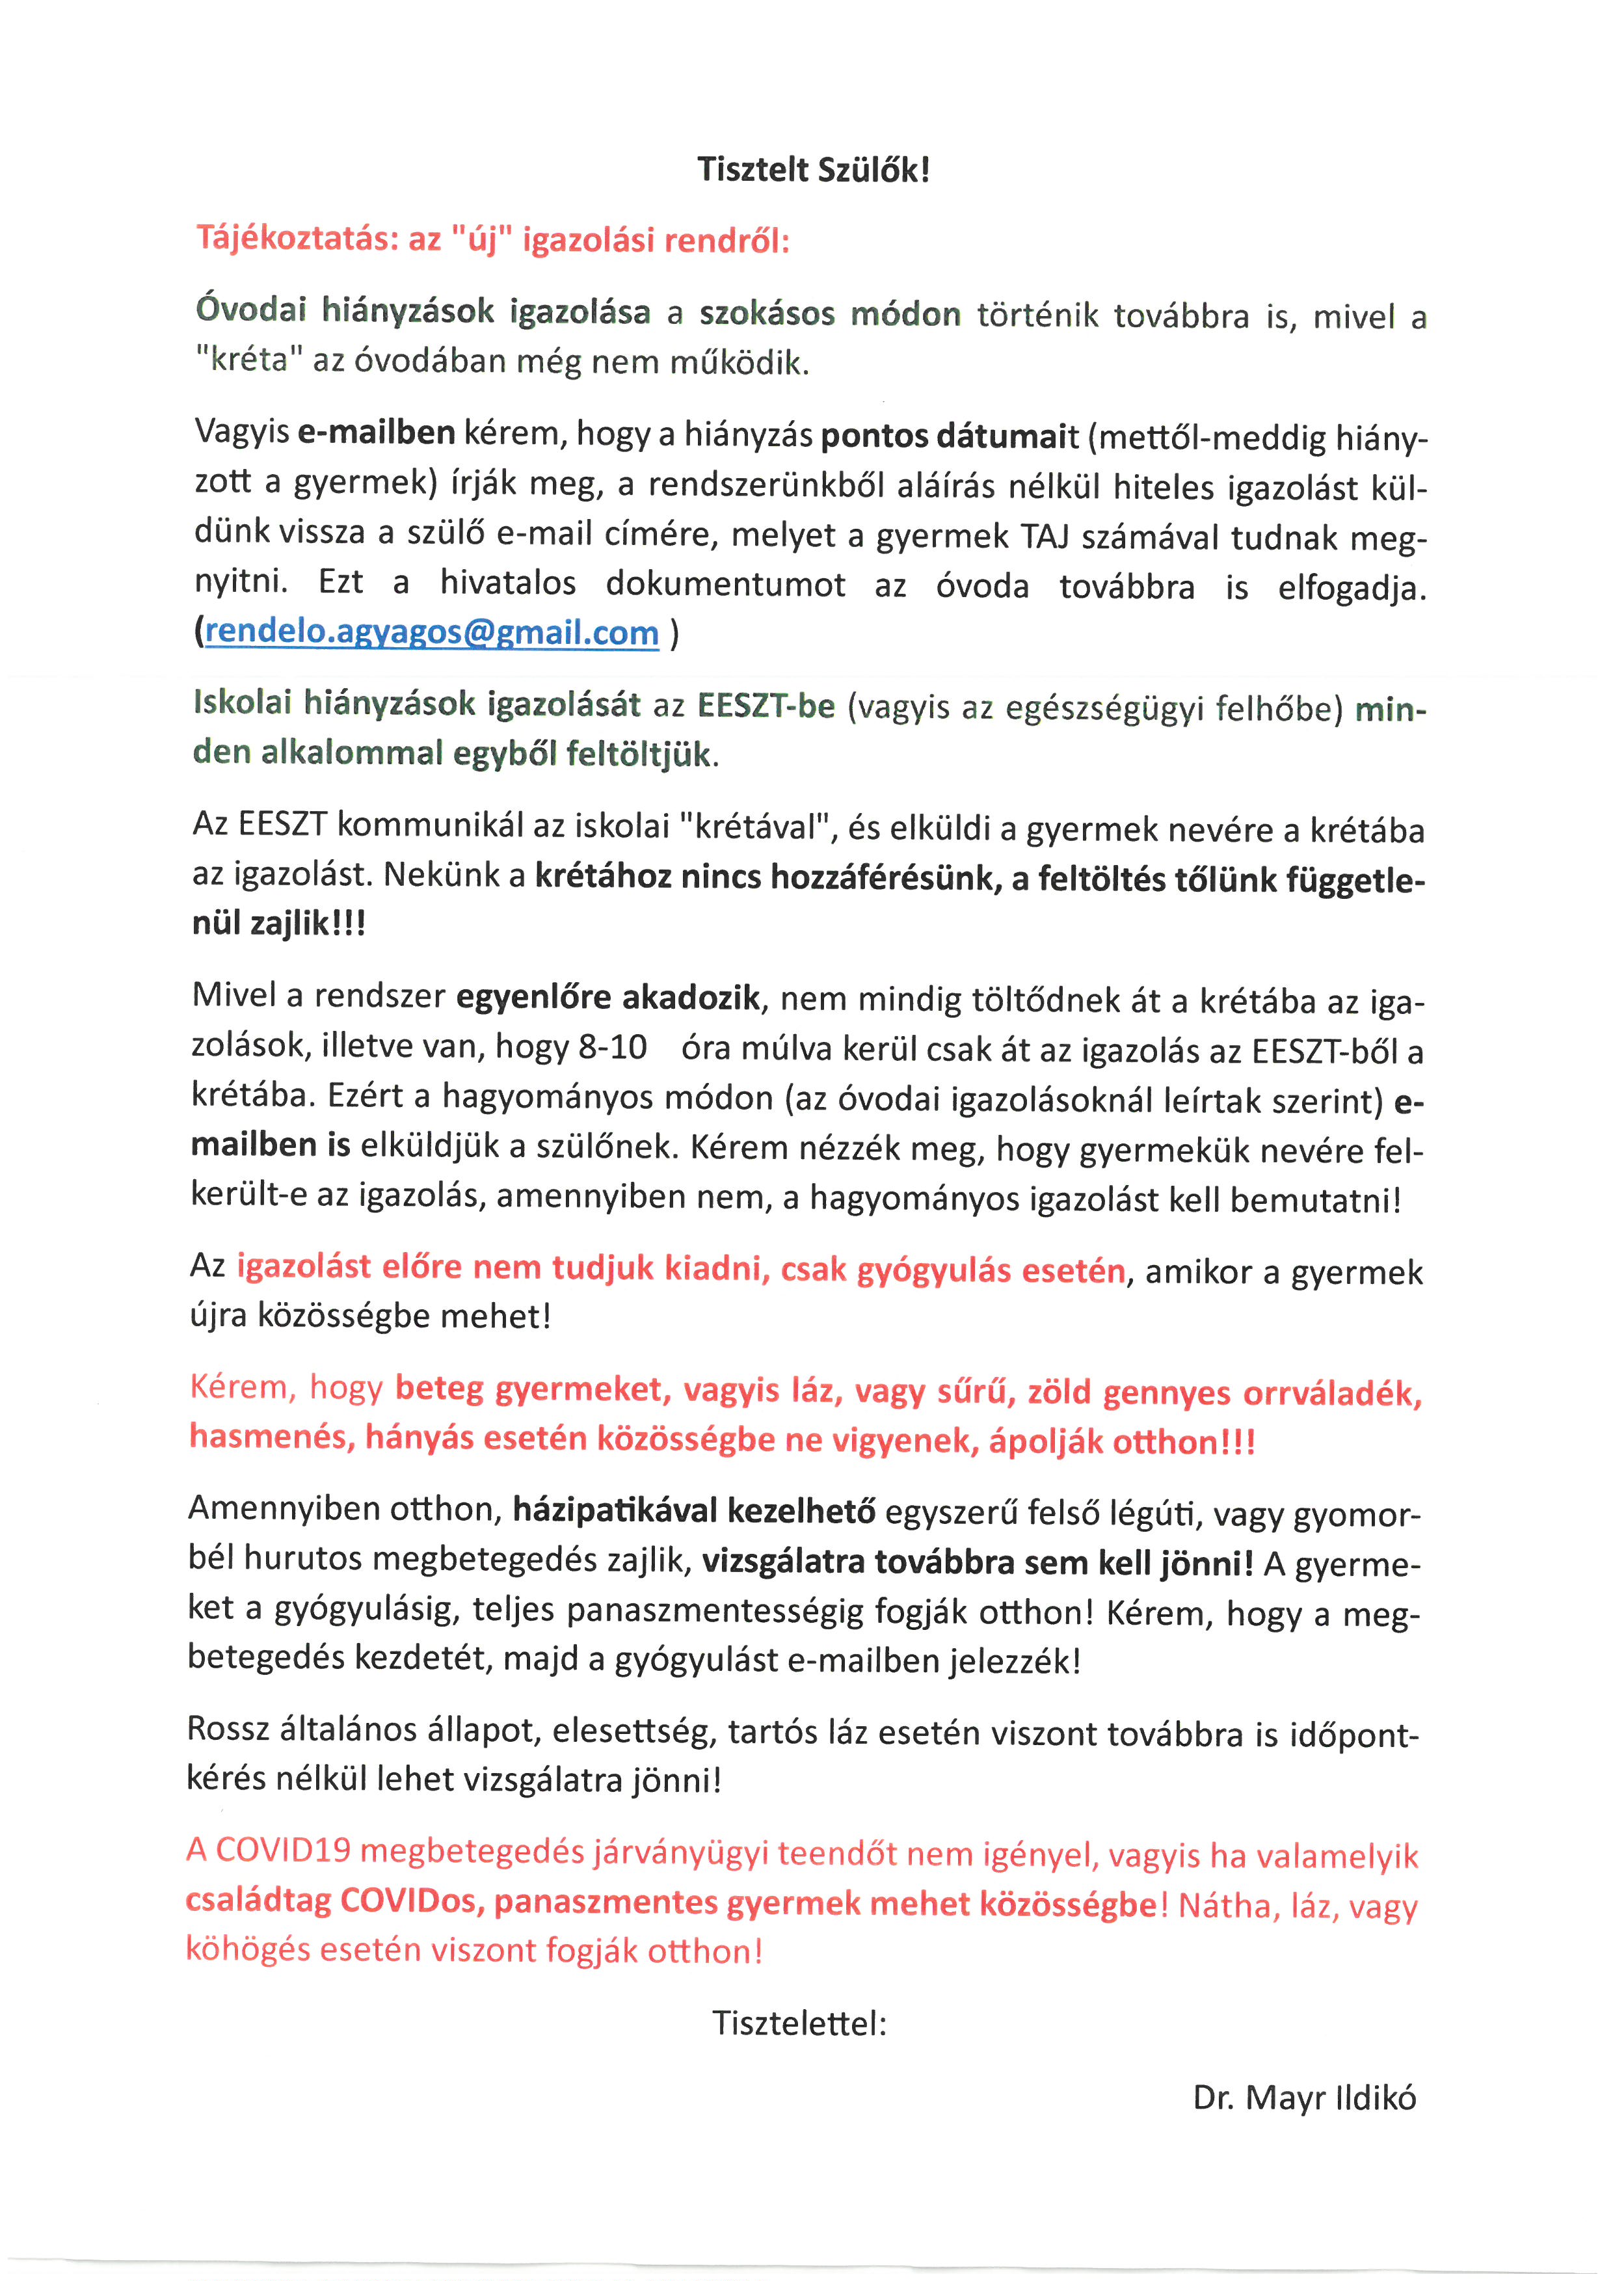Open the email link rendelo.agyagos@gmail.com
pos(431,633)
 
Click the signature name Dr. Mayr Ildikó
pos(1304,2097)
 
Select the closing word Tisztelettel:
pos(799,2021)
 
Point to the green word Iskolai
pos(243,703)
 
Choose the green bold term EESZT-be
pos(766,705)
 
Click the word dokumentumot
pos(726,585)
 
